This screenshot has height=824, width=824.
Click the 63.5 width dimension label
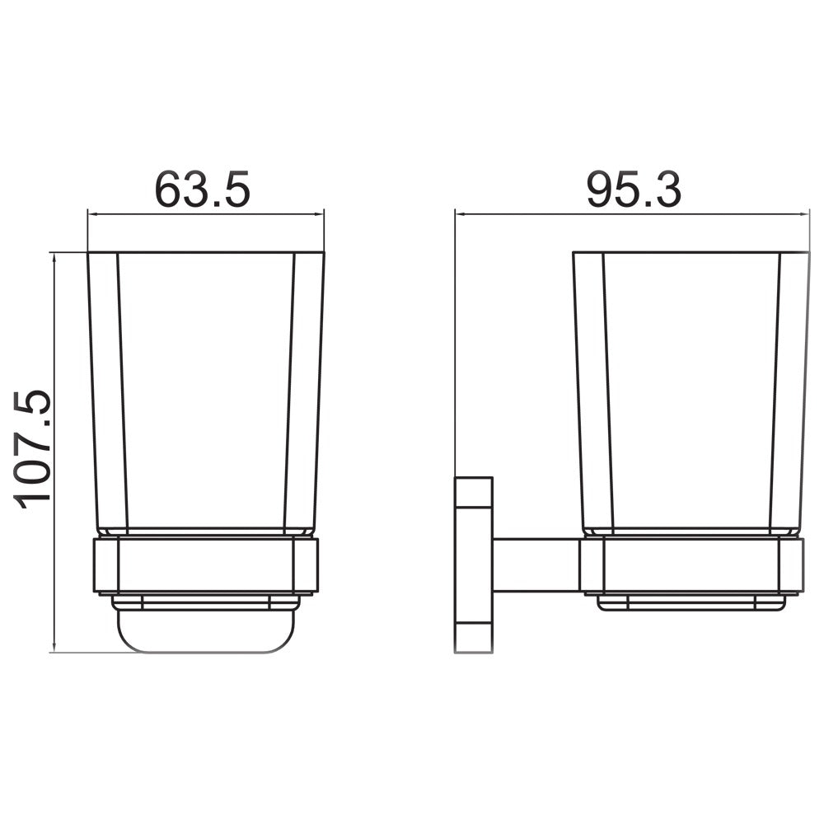click(x=203, y=190)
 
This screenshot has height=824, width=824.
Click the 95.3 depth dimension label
click(x=634, y=190)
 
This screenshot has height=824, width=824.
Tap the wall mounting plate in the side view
click(x=472, y=565)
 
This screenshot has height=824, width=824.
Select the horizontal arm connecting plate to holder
click(x=536, y=565)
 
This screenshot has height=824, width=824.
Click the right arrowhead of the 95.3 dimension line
click(x=805, y=214)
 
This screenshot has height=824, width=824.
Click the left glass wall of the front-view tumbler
click(x=107, y=387)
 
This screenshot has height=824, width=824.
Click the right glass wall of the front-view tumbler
click(x=305, y=387)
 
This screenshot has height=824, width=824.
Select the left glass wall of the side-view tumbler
click(x=592, y=387)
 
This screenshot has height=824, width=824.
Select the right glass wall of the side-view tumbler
click(x=790, y=387)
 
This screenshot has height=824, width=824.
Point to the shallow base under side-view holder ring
click(x=691, y=603)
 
